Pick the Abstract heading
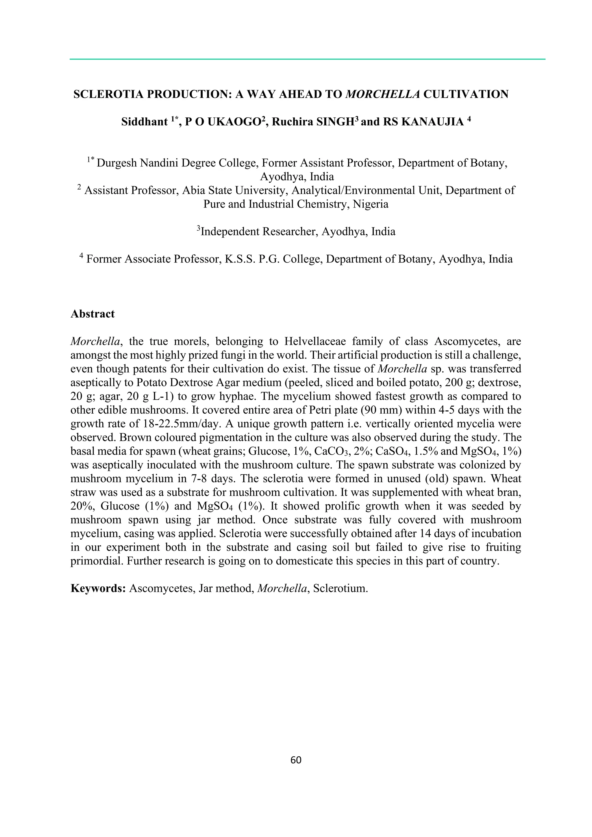click(x=92, y=314)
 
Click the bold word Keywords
click(x=98, y=588)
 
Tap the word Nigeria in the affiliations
click(x=371, y=204)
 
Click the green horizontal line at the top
click(x=307, y=59)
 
